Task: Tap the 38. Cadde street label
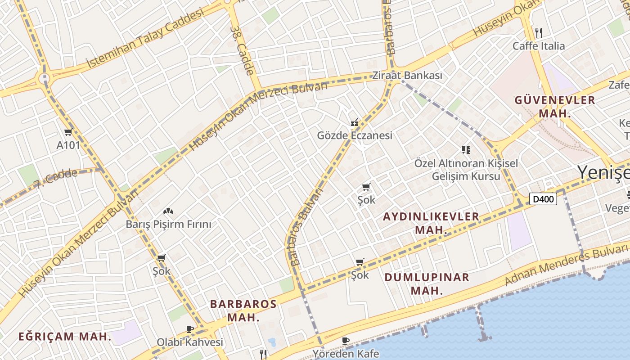pos(242,50)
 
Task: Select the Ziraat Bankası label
pos(407,76)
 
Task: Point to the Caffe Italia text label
pos(539,46)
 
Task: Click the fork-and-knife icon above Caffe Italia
pos(538,32)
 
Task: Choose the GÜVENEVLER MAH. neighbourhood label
pos(555,107)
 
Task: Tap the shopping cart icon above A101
pos(68,132)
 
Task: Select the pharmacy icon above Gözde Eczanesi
pos(355,122)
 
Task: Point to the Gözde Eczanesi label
pos(355,135)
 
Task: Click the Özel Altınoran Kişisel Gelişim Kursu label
pos(466,170)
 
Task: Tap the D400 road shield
pos(543,199)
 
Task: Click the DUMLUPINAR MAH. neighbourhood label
pos(427,283)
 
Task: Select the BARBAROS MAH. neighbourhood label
pos(243,310)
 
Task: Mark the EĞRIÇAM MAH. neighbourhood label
pos(65,336)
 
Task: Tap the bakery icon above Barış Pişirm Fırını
pos(168,211)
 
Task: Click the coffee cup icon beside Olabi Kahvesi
pos(190,329)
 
